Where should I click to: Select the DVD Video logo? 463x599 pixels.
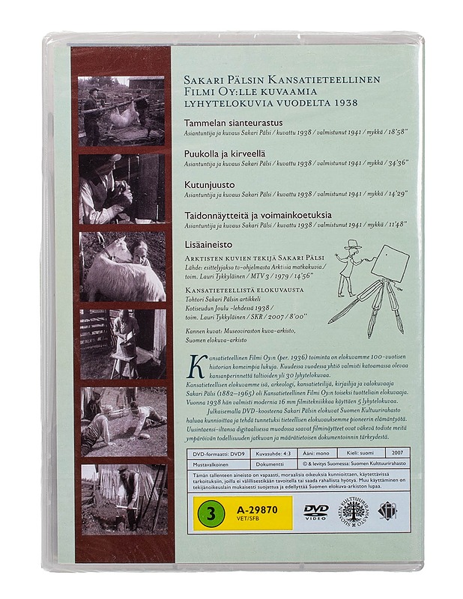point(316,511)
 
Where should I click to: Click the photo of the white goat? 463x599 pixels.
point(123,266)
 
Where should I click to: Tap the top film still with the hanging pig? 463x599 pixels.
point(121,110)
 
